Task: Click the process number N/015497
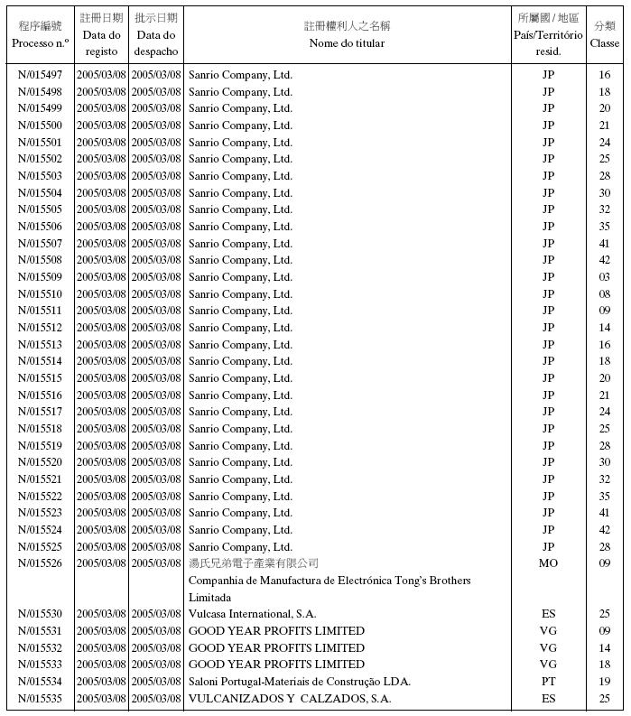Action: (x=40, y=75)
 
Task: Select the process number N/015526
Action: (x=40, y=563)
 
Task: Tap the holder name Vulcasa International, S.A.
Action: (x=252, y=614)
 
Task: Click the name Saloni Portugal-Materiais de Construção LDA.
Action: (x=299, y=682)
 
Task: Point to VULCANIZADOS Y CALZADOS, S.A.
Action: (x=289, y=699)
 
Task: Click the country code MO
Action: (x=548, y=563)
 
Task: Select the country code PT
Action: (x=548, y=682)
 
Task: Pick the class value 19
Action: (x=604, y=682)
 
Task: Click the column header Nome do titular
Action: (x=347, y=42)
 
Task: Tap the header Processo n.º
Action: (x=40, y=42)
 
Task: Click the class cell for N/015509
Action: (x=604, y=277)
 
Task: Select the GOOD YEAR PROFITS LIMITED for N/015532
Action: (x=276, y=648)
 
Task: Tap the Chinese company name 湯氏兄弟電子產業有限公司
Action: (x=253, y=563)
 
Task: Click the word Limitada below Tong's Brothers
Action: (x=209, y=598)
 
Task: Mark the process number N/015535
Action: (x=40, y=699)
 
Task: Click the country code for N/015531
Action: (x=548, y=631)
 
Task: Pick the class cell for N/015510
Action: (x=604, y=294)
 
